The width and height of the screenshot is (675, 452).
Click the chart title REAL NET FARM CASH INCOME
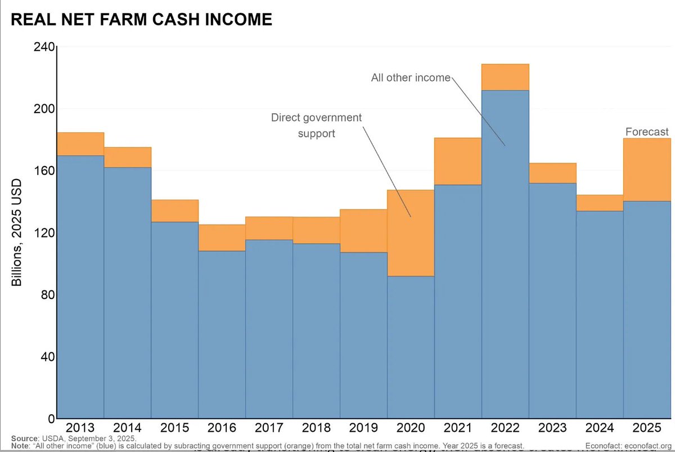[142, 20]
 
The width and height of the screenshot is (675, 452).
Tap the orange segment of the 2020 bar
[411, 233]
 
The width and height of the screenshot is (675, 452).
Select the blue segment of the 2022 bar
[505, 253]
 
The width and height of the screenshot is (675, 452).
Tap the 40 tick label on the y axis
[47, 357]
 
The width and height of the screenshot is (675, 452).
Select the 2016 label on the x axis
[222, 428]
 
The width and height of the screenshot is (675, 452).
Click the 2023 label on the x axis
[552, 428]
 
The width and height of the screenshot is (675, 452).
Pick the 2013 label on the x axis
[80, 428]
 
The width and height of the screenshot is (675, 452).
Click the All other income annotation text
[411, 78]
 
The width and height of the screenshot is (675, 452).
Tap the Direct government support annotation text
[316, 126]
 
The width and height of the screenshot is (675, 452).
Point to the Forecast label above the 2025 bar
[647, 132]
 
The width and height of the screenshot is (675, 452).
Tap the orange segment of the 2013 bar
[80, 144]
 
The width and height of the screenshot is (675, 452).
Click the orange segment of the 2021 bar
[458, 162]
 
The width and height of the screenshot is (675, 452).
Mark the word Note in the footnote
[20, 446]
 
